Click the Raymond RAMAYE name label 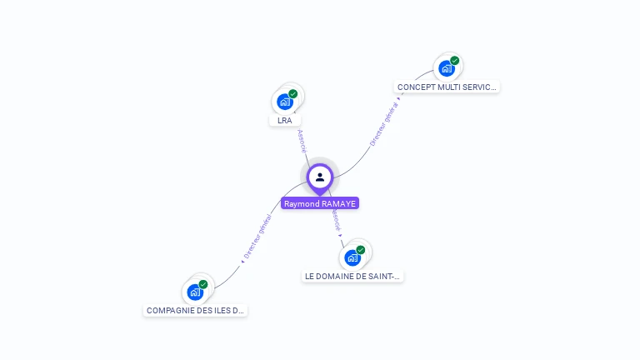click(320, 203)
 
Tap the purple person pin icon click(320, 177)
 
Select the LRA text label click(285, 121)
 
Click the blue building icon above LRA click(285, 102)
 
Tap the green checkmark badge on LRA click(293, 93)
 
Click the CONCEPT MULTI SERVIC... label click(447, 87)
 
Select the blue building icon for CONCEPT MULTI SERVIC click(447, 68)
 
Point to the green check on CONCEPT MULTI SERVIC click(455, 60)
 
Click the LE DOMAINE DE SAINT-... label click(352, 276)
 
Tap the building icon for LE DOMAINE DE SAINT click(352, 257)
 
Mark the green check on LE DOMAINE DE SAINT click(361, 249)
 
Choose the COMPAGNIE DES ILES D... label click(196, 310)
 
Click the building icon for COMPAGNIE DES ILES click(195, 292)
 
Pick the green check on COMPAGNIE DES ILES click(203, 284)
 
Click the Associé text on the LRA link click(302, 140)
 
